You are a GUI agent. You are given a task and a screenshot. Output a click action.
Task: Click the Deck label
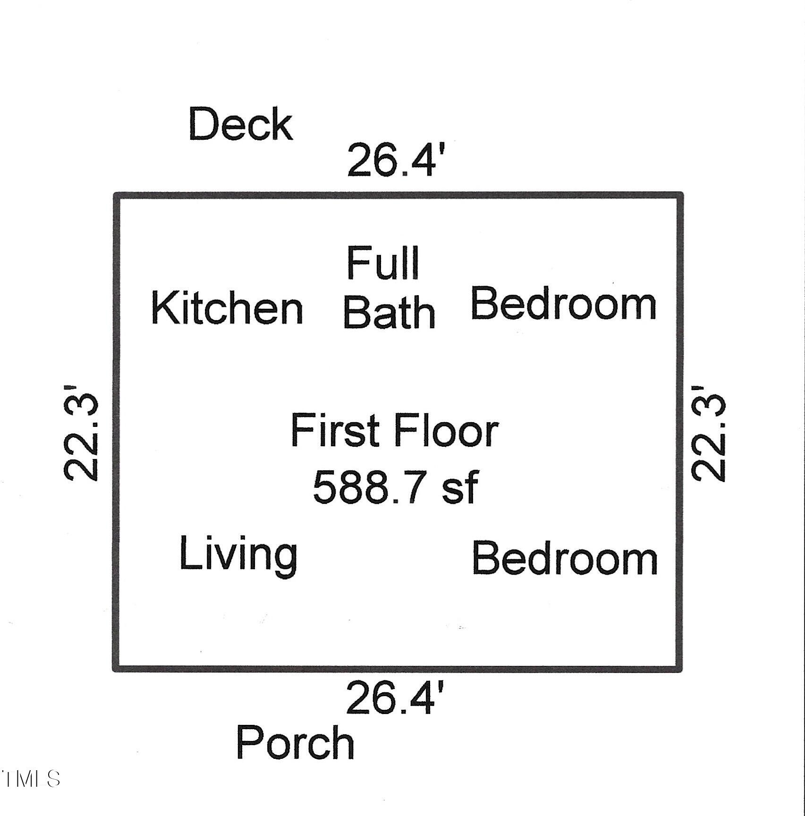point(241,124)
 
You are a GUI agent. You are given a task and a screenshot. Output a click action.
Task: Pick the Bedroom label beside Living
point(565,559)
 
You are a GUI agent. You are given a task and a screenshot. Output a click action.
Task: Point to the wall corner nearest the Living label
point(116,668)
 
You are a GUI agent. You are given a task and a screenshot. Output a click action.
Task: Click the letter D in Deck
point(201,124)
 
